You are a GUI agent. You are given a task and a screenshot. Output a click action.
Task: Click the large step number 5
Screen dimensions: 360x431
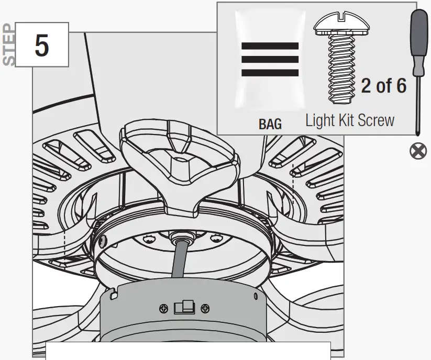42,46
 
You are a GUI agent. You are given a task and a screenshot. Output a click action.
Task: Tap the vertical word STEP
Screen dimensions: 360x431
9,44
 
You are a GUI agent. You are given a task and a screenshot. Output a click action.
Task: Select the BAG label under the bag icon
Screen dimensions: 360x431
270,124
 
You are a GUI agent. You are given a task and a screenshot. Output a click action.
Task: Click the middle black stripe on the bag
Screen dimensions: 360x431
270,59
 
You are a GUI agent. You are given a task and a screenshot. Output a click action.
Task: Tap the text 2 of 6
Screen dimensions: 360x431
383,86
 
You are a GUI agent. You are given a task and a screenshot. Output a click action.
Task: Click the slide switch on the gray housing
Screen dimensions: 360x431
184,307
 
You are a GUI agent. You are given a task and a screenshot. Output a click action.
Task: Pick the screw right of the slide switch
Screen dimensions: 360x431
206,308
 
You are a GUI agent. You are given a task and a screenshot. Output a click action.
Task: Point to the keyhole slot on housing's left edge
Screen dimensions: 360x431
113,295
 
